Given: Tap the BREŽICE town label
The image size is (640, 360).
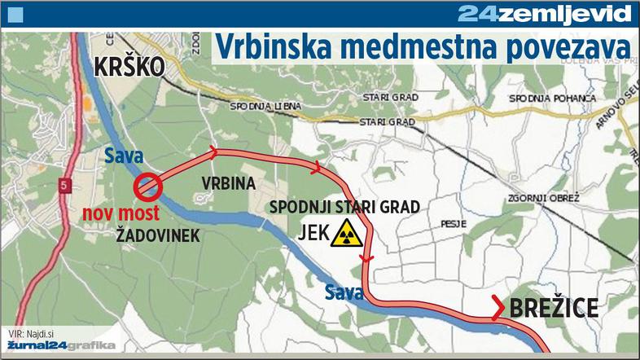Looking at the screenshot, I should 554,308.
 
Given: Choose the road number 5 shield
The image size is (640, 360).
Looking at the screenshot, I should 62,187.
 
